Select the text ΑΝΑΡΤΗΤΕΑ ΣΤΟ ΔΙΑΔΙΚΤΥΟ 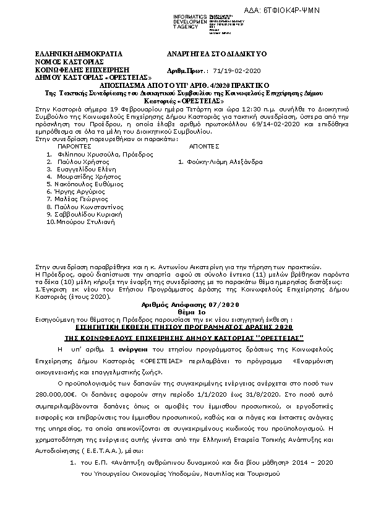tap(216, 54)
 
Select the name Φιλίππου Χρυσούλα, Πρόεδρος tap(100, 154)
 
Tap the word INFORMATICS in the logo tap(189, 16)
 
